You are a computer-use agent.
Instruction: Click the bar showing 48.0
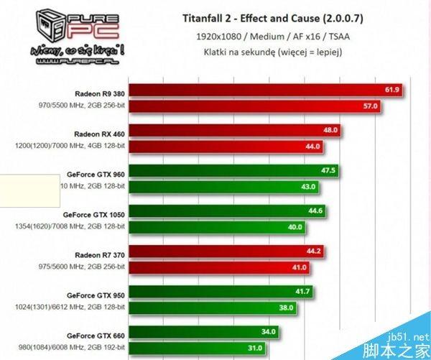pos(230,131)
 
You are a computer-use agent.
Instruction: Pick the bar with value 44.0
pos(223,147)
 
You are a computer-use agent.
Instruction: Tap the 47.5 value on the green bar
pos(330,171)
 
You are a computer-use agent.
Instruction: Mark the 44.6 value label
pos(315,211)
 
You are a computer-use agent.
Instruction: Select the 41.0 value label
pos(299,267)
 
